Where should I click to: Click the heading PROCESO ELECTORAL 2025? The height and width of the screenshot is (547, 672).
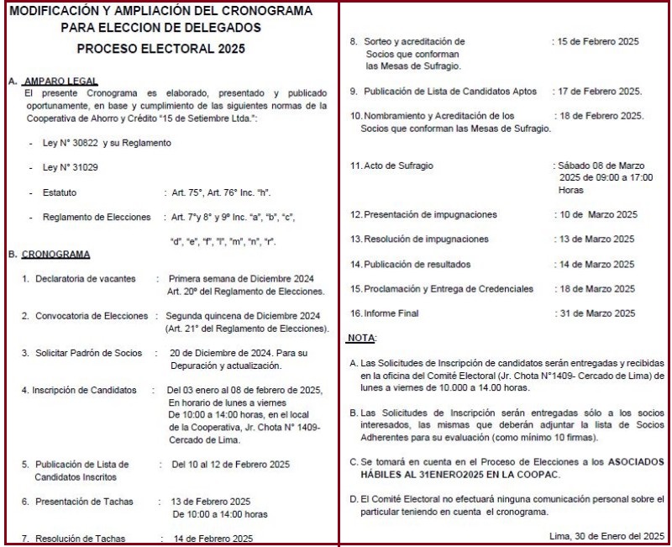click(166, 49)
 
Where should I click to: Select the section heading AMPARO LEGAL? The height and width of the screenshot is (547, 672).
click(59, 82)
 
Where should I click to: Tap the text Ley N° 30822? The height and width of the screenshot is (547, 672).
click(77, 143)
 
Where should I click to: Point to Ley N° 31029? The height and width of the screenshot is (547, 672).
click(71, 168)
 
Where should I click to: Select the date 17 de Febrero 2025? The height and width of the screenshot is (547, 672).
click(601, 91)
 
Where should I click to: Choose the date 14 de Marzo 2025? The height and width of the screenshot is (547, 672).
click(597, 264)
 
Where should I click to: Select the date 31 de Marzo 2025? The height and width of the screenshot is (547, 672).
click(597, 313)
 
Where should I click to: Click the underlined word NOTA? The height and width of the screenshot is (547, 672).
click(362, 338)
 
